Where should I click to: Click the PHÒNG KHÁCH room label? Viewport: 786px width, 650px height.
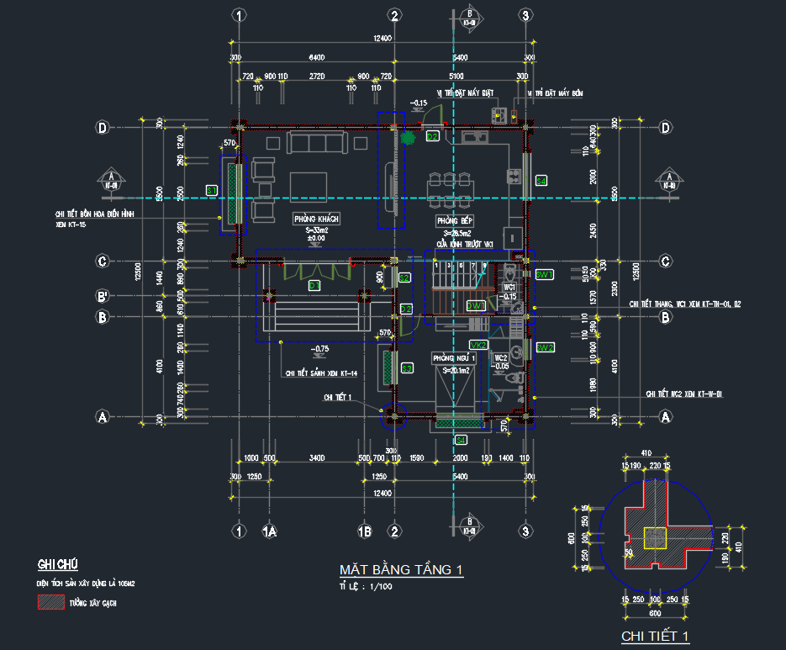316,219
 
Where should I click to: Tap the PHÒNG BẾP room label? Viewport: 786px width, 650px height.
454,221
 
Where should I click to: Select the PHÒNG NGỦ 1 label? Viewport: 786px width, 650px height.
454,358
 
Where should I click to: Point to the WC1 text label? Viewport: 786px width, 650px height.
509,288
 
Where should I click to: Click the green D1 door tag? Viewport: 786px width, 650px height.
314,286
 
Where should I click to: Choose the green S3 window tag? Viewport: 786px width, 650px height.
407,368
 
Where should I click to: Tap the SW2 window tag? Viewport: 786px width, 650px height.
544,347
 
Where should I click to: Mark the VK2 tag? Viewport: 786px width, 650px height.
478,346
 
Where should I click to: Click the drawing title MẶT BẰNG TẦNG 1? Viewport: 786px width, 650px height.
400,571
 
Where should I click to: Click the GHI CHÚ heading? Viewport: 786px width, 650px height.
56,563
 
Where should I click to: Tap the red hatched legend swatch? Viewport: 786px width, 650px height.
50,602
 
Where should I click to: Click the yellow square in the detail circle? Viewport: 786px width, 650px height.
652,535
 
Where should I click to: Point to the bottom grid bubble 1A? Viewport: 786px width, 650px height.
270,531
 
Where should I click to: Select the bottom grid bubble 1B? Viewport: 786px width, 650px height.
365,531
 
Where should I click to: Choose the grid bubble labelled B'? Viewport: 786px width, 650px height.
103,296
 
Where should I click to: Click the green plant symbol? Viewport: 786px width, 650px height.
409,137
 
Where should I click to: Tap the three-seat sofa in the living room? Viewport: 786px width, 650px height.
316,143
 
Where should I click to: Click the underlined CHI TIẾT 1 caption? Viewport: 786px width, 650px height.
655,637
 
